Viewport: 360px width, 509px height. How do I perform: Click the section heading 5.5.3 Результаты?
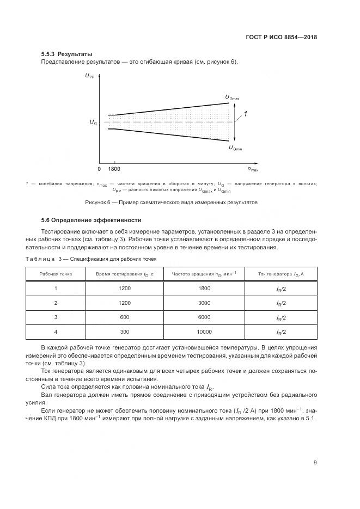click(x=66, y=54)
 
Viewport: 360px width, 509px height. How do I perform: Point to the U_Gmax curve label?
click(x=232, y=97)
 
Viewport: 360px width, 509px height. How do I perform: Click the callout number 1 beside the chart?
click(x=246, y=114)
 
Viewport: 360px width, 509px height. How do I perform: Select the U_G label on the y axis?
click(x=93, y=123)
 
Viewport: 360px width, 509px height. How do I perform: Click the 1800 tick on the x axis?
click(x=114, y=170)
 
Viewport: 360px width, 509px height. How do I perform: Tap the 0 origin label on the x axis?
click(x=100, y=170)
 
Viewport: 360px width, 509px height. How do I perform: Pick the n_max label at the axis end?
click(x=253, y=170)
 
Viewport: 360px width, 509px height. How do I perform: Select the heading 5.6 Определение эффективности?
click(x=91, y=220)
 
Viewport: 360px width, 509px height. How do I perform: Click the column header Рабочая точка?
click(x=56, y=274)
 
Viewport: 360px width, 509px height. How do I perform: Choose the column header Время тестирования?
click(x=125, y=274)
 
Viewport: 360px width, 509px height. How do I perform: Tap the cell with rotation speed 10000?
click(x=204, y=332)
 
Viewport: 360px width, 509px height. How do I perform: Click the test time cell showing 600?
click(x=125, y=317)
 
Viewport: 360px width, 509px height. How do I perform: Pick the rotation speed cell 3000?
click(x=204, y=303)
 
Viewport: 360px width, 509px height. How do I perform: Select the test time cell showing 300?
click(x=125, y=332)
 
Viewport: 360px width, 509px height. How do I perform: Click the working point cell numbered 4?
click(x=56, y=332)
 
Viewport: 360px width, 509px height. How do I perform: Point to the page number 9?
click(x=315, y=463)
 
